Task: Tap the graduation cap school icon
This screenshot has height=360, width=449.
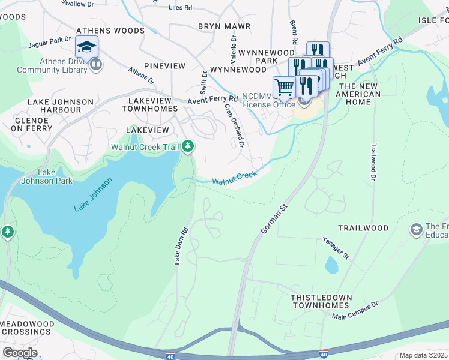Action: click(86, 47)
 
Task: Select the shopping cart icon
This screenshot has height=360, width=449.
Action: click(284, 87)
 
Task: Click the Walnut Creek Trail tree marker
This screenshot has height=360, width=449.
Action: click(188, 146)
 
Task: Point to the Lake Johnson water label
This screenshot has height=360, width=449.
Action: click(93, 195)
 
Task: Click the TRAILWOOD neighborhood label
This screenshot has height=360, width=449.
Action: click(363, 229)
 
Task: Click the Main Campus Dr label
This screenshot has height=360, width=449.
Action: click(356, 310)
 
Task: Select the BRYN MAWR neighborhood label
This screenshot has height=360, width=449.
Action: click(222, 26)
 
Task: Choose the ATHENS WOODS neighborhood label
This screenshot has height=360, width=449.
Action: click(110, 31)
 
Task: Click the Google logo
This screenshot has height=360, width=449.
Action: click(19, 353)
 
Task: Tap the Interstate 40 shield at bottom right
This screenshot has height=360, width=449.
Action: click(324, 354)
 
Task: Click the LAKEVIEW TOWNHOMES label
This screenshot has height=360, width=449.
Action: click(149, 104)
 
